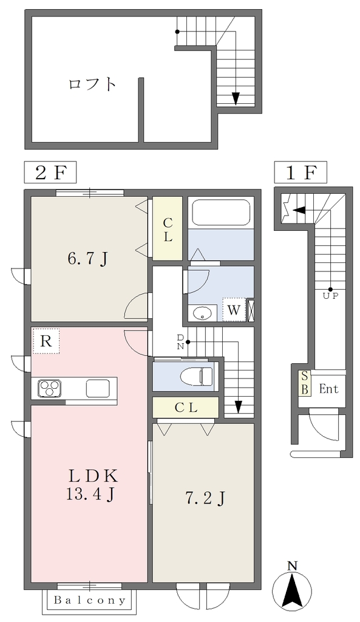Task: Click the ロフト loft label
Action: pyautogui.click(x=92, y=84)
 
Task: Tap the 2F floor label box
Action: pyautogui.click(x=50, y=173)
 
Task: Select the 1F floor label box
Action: pyautogui.click(x=301, y=173)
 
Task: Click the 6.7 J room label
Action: pyautogui.click(x=87, y=259)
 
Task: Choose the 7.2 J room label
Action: pyautogui.click(x=205, y=498)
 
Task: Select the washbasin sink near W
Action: pyautogui.click(x=203, y=313)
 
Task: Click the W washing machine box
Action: pyautogui.click(x=234, y=310)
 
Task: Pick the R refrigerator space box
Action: pyautogui.click(x=46, y=341)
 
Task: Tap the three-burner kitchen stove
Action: pyautogui.click(x=50, y=387)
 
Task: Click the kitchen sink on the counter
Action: pyautogui.click(x=98, y=388)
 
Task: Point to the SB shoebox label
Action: pyautogui.click(x=305, y=383)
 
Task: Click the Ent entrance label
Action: pyautogui.click(x=329, y=389)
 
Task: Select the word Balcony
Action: pyautogui.click(x=90, y=600)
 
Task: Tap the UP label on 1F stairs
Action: pyautogui.click(x=331, y=296)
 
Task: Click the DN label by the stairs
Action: pyautogui.click(x=180, y=341)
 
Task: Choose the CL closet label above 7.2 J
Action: pyautogui.click(x=186, y=408)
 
